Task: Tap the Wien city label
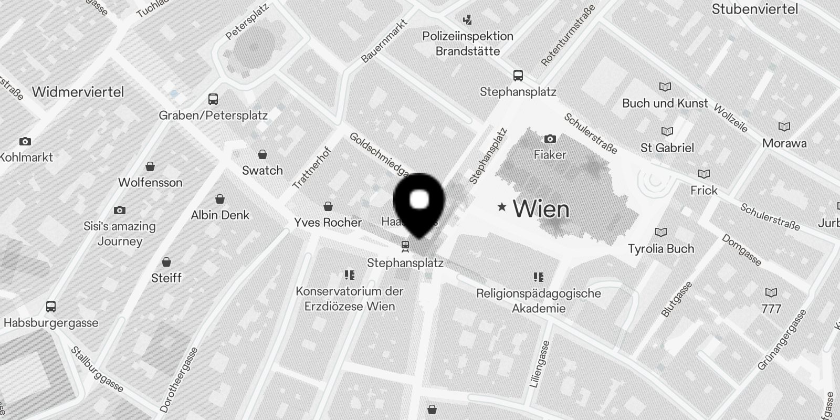coord(541,209)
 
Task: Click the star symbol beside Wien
coord(502,207)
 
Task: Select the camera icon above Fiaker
coord(550,139)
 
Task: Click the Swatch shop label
coord(262,170)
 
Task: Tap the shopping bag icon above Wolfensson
coord(150,167)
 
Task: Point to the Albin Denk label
coord(220,215)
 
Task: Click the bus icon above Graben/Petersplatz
coord(213,99)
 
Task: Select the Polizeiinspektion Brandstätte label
coord(468,44)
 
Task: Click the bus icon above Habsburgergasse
coord(51,307)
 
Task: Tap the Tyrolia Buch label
coord(661,248)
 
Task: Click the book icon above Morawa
coord(784,127)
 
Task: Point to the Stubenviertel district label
coord(754,9)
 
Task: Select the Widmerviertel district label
coord(78,92)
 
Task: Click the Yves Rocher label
coord(328,222)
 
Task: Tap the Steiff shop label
coord(166,278)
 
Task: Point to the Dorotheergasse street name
coord(179,379)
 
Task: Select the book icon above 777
coord(771,292)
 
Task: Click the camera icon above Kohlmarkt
coord(25,142)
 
